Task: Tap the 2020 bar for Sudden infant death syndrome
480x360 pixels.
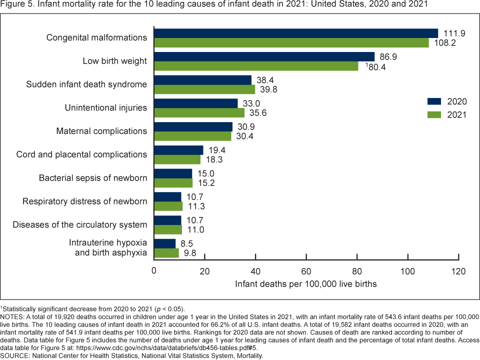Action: coord(202,80)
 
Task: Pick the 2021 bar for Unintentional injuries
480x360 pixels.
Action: coord(199,112)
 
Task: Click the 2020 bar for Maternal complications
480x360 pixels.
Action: coord(193,126)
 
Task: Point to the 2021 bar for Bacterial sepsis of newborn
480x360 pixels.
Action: coord(173,182)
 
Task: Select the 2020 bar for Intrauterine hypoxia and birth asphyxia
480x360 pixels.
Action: coord(165,243)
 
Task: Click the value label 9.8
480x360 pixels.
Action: coord(190,253)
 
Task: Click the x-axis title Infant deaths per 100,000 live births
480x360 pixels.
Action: coord(305,284)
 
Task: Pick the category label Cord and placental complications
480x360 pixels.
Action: coord(81,154)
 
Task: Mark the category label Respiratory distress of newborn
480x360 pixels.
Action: coord(84,201)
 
